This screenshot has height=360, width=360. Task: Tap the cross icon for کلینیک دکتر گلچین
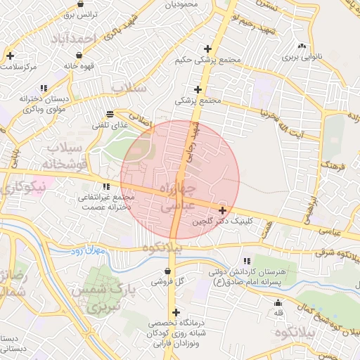pos(222,210)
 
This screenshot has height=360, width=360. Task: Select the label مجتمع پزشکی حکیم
pos(211,60)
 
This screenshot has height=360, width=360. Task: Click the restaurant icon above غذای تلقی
pos(110,114)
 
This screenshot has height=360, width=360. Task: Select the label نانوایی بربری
pos(301,55)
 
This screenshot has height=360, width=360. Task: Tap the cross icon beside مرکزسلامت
pos(10,55)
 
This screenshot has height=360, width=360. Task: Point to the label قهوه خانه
pos(79,65)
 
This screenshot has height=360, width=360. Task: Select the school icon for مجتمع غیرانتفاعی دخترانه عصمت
pos(106,187)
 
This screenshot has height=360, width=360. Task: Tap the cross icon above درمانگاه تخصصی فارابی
pos(175,312)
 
